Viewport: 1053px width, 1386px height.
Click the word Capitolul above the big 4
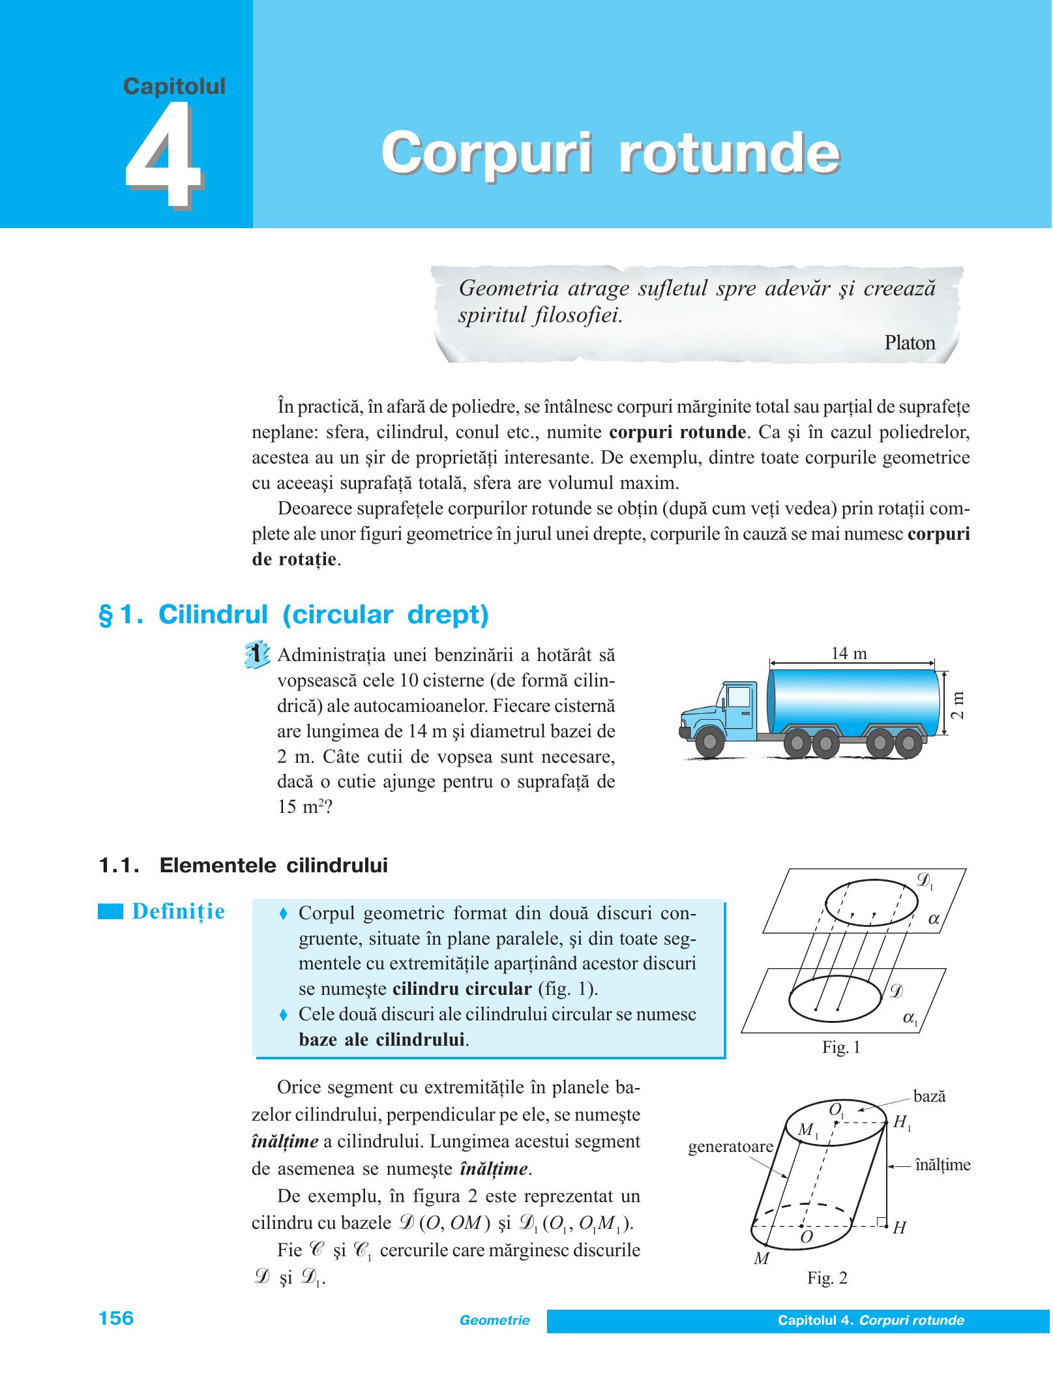click(x=174, y=86)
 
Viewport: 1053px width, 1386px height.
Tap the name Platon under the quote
click(x=910, y=343)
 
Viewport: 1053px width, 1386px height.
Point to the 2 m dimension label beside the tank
click(x=957, y=705)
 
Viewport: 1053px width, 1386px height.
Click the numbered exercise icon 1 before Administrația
click(x=256, y=654)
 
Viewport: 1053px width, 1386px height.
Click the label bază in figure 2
click(x=929, y=1097)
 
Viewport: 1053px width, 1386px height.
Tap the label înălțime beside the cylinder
click(x=943, y=1165)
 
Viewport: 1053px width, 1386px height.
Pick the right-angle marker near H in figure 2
click(x=882, y=1222)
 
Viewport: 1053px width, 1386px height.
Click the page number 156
click(x=116, y=1318)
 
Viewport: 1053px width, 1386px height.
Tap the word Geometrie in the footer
click(x=495, y=1320)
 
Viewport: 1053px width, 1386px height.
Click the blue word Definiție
click(x=178, y=911)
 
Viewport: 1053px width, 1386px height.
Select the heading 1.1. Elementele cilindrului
click(x=243, y=866)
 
